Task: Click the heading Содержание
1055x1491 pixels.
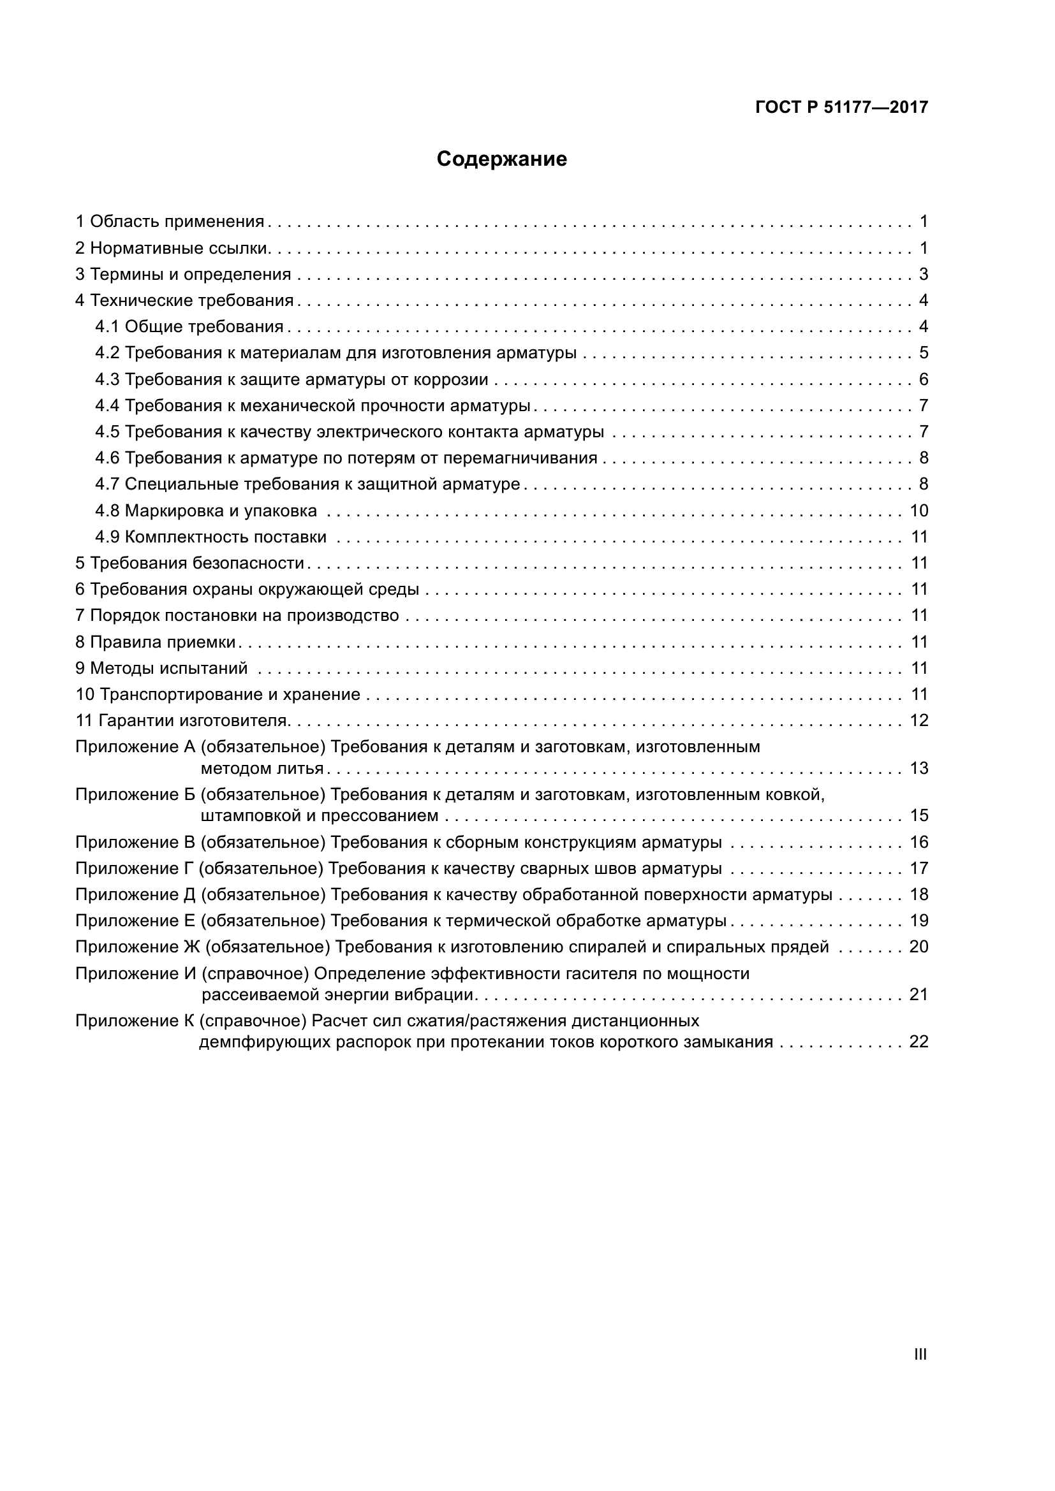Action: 501,159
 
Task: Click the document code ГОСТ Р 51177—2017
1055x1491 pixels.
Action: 841,108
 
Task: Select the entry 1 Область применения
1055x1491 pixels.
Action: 170,222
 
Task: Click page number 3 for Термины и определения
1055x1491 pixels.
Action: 923,275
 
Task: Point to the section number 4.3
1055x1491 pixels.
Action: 107,380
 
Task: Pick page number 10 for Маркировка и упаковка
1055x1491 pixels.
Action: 919,511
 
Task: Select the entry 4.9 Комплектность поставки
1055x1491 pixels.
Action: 210,537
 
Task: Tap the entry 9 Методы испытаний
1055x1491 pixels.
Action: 162,668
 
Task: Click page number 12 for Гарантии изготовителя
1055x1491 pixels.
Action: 919,721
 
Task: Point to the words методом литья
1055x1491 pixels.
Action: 262,769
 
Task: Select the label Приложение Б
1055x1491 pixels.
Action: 135,795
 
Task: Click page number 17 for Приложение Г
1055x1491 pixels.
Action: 919,869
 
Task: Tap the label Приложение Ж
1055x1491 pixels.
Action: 138,947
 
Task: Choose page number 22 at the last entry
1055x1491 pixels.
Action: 919,1042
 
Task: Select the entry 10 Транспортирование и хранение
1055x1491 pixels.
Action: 218,695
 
